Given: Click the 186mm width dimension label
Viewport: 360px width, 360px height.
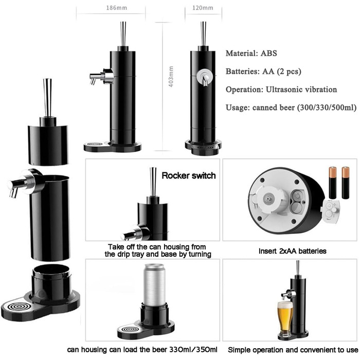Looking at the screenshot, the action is coord(116,8).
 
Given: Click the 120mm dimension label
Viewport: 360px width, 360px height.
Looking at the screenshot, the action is coord(203,8).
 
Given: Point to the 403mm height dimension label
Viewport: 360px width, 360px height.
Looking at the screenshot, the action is coord(171,77).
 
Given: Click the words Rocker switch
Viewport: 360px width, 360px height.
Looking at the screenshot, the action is coord(189,176).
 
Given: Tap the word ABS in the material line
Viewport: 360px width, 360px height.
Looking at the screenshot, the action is coord(269,53).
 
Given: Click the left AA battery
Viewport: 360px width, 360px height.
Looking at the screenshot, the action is coord(332,183).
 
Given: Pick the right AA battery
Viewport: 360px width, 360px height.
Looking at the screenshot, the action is coord(345,183).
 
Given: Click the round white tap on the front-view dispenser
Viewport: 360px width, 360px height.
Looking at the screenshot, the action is coord(204,76).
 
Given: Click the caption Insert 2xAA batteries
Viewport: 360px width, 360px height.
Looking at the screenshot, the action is coord(293,251).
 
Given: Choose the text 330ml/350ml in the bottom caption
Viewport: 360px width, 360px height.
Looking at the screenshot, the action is coord(193,350).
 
